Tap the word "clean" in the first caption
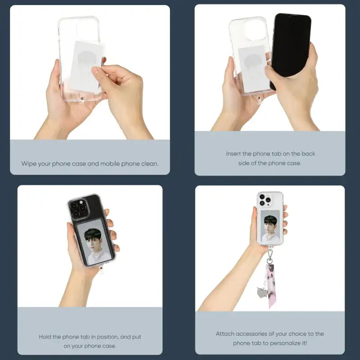pyautogui.click(x=150, y=164)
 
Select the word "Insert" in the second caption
pyautogui.click(x=233, y=153)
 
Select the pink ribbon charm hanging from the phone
pyautogui.click(x=271, y=286)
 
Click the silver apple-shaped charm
pyautogui.click(x=262, y=292)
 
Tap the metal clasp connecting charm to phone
pyautogui.click(x=270, y=254)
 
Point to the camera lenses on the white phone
pyautogui.click(x=265, y=200)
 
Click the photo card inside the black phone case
pyautogui.click(x=94, y=242)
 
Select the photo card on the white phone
pyautogui.click(x=270, y=226)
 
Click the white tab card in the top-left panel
pyautogui.click(x=85, y=66)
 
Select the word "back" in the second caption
pyautogui.click(x=308, y=153)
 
